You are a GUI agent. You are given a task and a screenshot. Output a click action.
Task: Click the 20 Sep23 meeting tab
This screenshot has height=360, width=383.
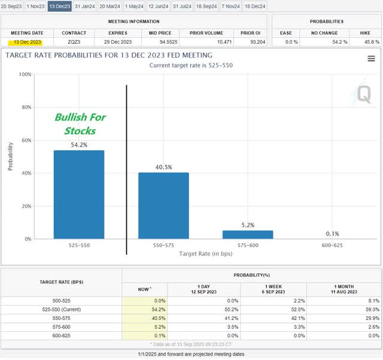[x=13, y=6]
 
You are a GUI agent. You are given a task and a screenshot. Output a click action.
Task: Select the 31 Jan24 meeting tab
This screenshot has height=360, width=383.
[x=84, y=6]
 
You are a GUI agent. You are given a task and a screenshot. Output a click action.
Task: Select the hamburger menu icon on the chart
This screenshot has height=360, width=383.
[x=371, y=59]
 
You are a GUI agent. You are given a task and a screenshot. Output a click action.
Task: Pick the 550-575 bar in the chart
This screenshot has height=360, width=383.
[x=163, y=206]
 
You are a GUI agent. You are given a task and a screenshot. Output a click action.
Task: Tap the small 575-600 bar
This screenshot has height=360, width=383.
[x=248, y=234]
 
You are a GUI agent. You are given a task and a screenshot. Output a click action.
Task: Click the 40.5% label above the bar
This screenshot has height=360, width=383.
[x=163, y=167]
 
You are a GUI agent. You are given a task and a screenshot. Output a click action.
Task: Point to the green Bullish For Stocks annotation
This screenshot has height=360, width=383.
[x=80, y=124]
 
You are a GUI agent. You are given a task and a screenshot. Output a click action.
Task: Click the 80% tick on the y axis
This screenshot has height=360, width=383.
[x=25, y=108]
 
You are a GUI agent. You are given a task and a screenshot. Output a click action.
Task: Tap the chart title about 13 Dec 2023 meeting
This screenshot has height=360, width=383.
[x=108, y=55]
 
